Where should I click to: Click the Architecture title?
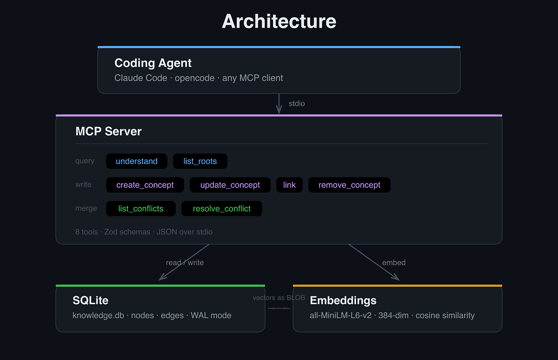(279, 21)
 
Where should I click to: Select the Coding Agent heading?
(153, 63)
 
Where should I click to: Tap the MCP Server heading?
(109, 131)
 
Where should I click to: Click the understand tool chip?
(137, 161)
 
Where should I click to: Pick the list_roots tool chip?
(200, 161)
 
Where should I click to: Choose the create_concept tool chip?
(145, 185)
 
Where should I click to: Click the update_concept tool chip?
(230, 185)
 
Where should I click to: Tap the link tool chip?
(289, 185)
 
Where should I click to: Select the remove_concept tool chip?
(350, 185)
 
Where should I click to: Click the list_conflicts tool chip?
(141, 209)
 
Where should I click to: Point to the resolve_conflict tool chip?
(221, 209)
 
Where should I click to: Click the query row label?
(85, 161)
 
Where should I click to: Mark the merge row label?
(86, 209)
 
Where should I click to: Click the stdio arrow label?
(297, 104)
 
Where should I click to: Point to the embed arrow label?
(394, 262)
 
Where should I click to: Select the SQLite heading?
(91, 300)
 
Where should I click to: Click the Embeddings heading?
(343, 300)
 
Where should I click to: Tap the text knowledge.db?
(98, 315)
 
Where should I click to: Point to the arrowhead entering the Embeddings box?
(396, 277)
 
